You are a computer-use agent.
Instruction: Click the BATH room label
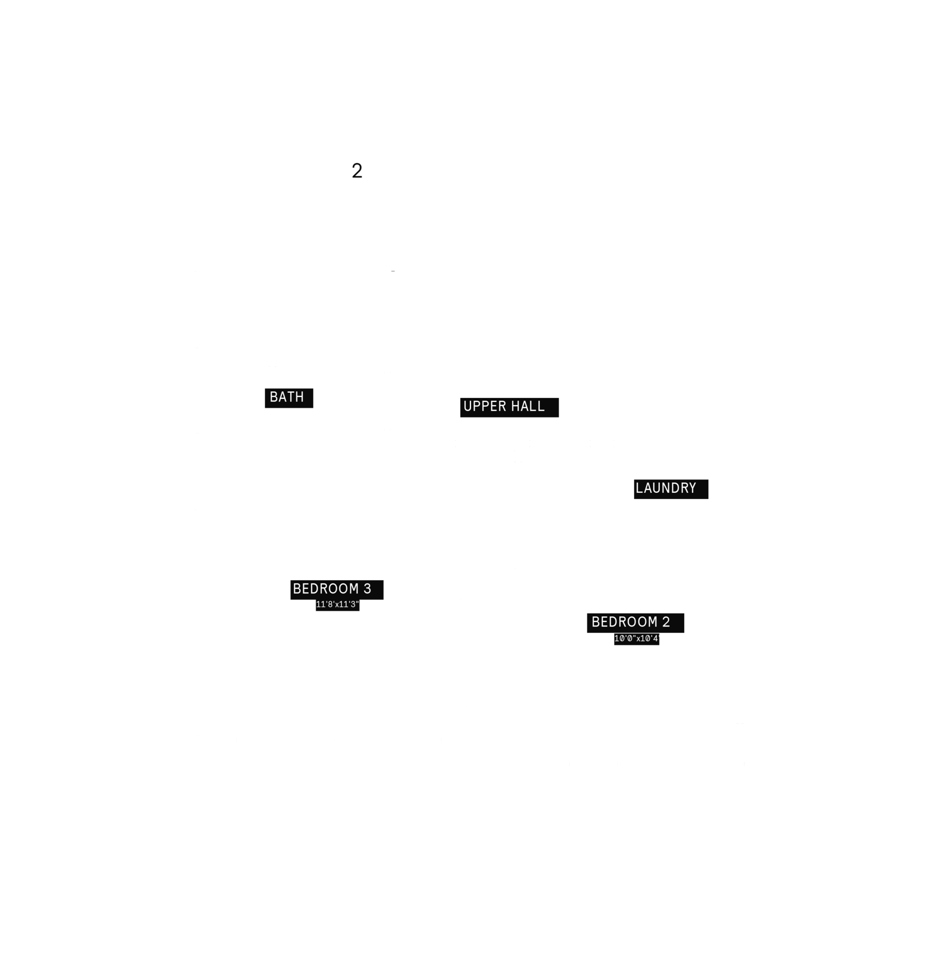(286, 397)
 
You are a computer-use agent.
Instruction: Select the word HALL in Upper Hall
(528, 407)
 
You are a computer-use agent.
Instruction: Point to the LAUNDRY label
(666, 489)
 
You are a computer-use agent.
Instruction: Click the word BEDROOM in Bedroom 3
(326, 589)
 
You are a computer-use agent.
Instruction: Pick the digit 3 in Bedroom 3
(367, 589)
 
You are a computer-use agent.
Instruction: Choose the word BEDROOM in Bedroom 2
(624, 622)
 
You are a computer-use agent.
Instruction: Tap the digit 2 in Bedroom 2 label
(666, 622)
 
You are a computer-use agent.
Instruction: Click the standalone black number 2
(357, 171)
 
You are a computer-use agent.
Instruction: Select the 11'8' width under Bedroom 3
(325, 605)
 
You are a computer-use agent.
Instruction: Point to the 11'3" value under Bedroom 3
(349, 605)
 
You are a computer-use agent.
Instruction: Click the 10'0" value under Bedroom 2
(625, 639)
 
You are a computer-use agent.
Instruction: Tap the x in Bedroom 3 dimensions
(337, 605)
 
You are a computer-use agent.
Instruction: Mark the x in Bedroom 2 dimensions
(638, 639)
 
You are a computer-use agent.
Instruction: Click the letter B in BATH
(274, 397)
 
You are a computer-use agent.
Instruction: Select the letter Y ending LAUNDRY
(692, 489)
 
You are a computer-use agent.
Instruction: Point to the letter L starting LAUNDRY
(640, 489)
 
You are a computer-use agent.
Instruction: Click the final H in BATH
(300, 397)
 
